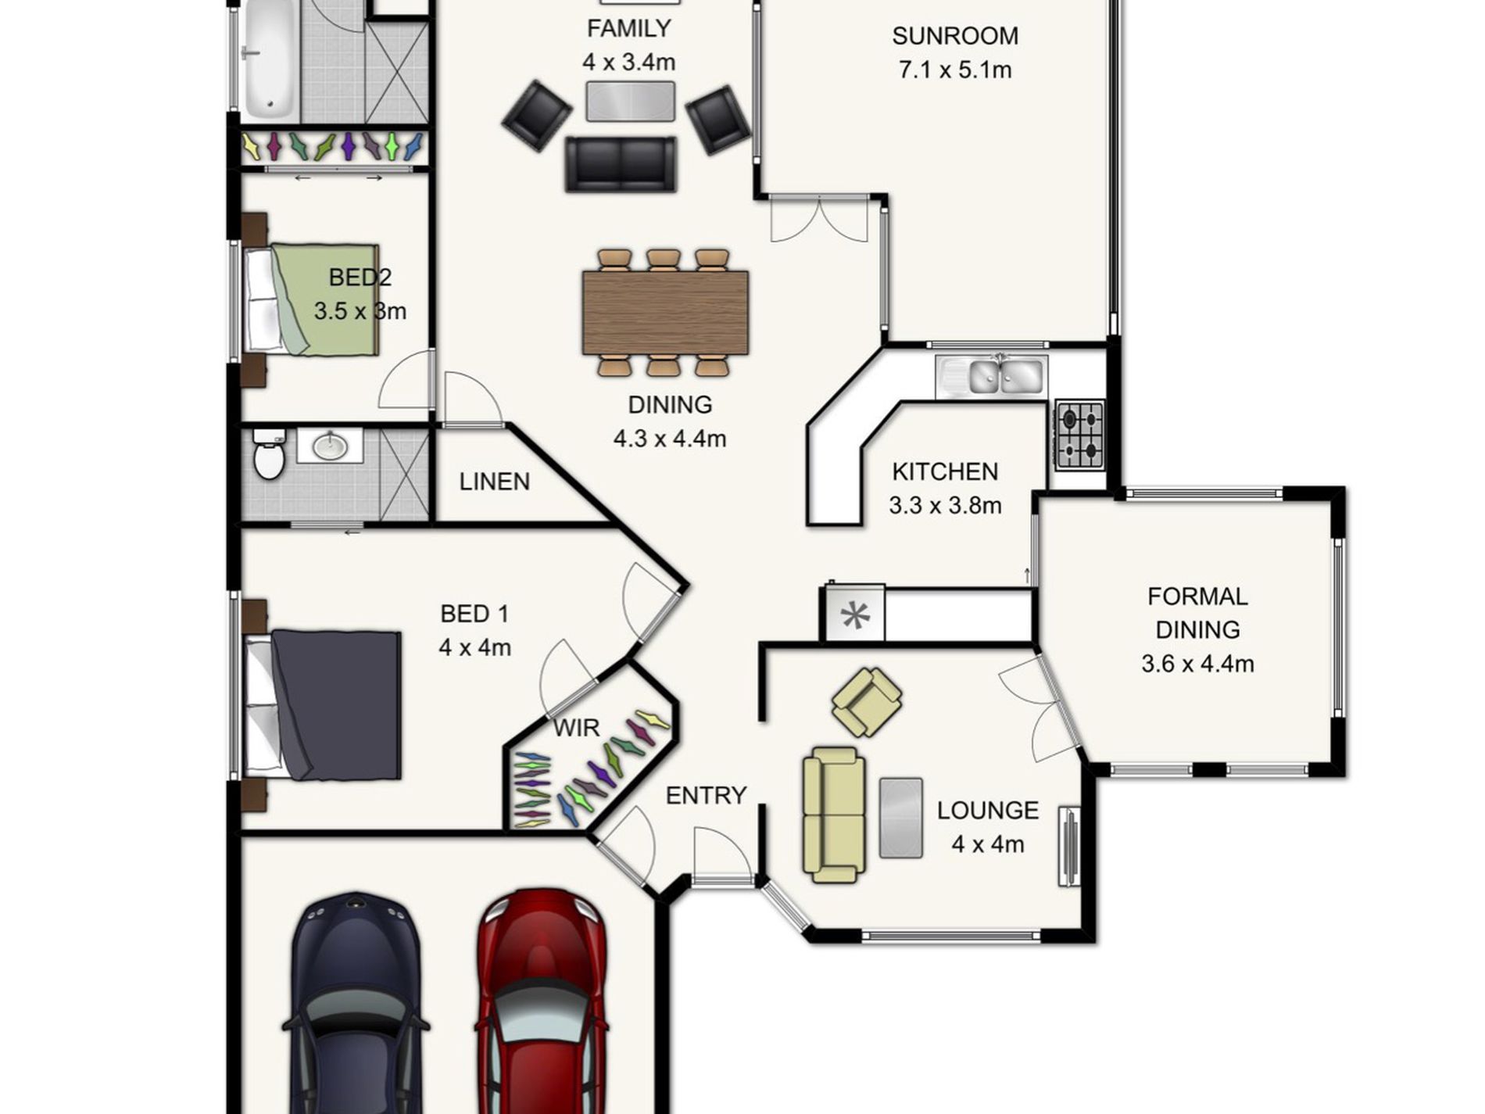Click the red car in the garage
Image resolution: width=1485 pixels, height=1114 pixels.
pos(541,1005)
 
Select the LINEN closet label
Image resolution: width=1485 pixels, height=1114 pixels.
pos(495,482)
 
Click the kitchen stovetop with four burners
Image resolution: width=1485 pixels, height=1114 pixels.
pos(1080,435)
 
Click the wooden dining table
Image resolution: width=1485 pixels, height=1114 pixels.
pos(665,313)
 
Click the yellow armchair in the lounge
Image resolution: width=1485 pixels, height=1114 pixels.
pos(867,702)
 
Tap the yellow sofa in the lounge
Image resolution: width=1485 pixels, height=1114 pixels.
pos(834,815)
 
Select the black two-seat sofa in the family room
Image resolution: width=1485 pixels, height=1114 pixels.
pos(621,164)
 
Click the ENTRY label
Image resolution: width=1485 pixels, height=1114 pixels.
pos(706,796)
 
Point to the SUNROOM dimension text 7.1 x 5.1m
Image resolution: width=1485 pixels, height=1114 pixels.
pos(955,70)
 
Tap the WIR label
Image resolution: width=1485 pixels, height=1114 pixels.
pos(576,728)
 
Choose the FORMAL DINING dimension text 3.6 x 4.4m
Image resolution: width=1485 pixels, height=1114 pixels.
pos(1197,664)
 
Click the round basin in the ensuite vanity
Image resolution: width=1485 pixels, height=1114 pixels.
pos(331,446)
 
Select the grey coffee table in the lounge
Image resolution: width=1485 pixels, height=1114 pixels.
pos(901,818)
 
